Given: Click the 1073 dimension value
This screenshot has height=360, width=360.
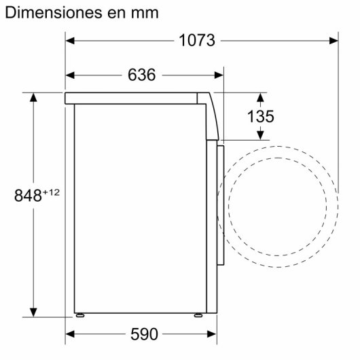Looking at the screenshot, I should point(197,40).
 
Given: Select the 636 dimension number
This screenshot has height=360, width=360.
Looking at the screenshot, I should point(141,75).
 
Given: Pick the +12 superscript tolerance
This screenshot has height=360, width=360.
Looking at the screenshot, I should point(52,192).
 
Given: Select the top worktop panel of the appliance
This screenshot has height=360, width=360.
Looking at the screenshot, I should point(136,97).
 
